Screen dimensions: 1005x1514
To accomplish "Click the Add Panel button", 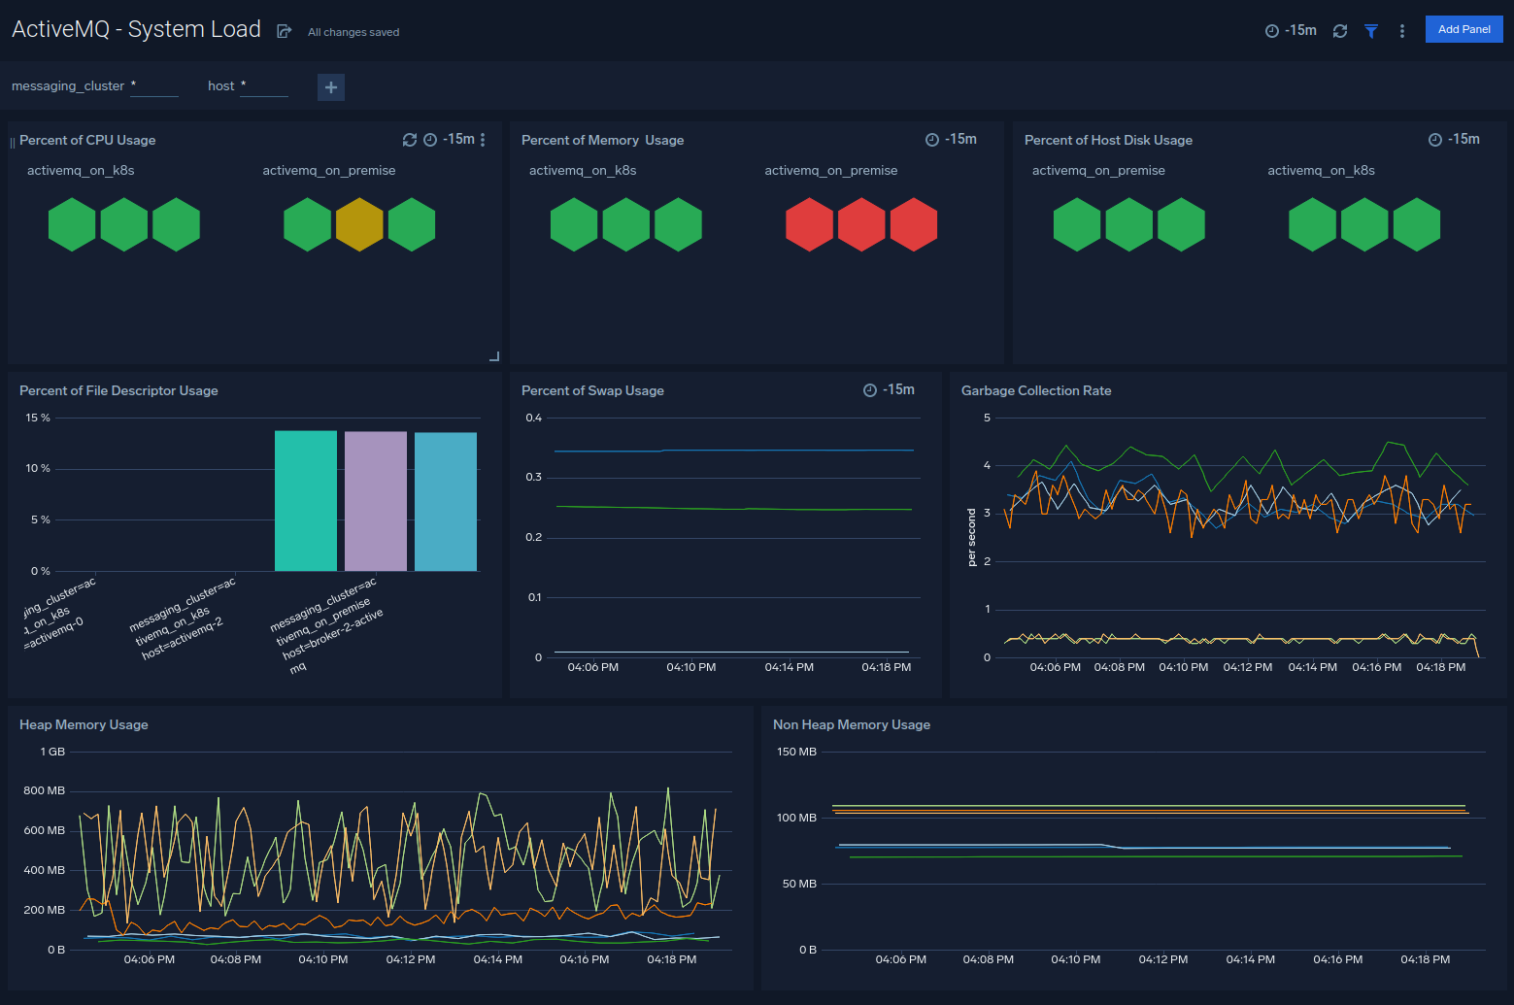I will (x=1464, y=29).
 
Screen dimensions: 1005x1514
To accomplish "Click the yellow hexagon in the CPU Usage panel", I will (x=359, y=224).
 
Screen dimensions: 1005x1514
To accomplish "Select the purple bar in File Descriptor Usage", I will (x=376, y=501).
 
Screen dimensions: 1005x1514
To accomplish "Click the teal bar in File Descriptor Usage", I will (x=306, y=501).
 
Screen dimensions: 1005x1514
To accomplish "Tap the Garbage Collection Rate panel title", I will (x=1036, y=390).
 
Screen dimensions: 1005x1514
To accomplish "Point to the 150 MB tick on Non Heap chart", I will (x=796, y=752).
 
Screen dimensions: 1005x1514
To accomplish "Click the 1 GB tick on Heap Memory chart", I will (x=52, y=752).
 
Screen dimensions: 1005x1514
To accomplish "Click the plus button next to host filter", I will (x=331, y=87).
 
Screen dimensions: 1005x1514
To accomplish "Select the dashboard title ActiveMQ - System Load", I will (x=136, y=29).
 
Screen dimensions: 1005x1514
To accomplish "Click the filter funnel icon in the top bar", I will (x=1371, y=31).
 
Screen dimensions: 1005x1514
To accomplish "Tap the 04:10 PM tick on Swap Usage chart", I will (x=690, y=667).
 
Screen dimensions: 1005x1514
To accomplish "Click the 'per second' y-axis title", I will (x=971, y=537).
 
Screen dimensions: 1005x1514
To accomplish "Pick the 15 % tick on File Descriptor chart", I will (x=38, y=418).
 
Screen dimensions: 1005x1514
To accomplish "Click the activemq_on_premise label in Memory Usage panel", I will (x=830, y=170).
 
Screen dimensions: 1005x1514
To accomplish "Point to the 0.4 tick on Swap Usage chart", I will (x=533, y=418).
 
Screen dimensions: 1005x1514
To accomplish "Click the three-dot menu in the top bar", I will (x=1401, y=31).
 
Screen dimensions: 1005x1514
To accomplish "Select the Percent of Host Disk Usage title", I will (x=1108, y=140).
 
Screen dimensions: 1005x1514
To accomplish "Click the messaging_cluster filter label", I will (x=68, y=86).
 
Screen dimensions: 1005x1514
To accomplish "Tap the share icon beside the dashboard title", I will (x=284, y=31).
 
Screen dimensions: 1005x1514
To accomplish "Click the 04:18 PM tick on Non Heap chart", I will (x=1425, y=959).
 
